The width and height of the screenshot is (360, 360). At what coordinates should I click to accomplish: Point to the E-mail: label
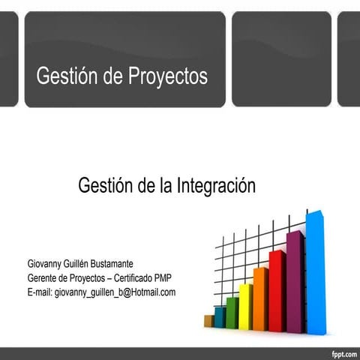click(x=40, y=292)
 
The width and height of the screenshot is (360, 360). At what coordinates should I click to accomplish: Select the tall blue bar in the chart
click(x=315, y=274)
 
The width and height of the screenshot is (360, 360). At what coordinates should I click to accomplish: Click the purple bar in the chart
click(x=295, y=283)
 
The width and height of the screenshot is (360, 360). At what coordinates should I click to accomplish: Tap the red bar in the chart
click(x=277, y=292)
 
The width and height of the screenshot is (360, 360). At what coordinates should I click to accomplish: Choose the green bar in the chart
click(x=232, y=313)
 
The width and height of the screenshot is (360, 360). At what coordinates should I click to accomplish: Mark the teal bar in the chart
click(x=220, y=316)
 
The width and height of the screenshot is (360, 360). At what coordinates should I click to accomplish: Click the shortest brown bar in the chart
click(x=208, y=321)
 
